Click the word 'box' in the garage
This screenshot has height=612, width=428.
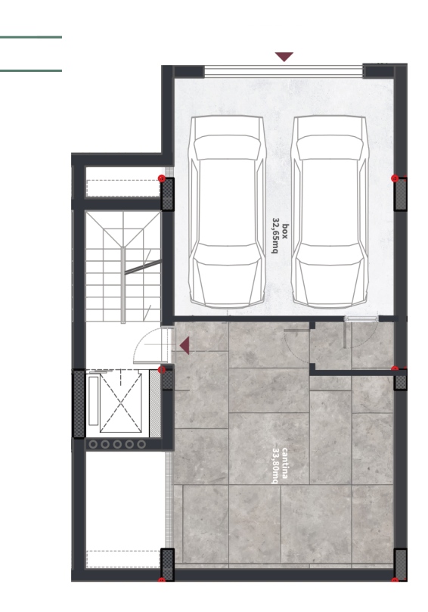285,231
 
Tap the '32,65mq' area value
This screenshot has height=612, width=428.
276,235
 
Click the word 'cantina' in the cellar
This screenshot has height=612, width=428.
285,463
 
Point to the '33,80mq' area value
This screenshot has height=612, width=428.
276,465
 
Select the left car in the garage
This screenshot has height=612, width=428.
227,211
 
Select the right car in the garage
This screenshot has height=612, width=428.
330,211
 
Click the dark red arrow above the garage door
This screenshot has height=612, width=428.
284,57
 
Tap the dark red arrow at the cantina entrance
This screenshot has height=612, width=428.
185,346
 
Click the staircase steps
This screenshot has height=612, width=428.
123,267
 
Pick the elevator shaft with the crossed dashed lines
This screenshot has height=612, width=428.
120,402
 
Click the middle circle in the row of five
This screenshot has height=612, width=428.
117,444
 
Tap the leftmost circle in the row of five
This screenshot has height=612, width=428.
93,444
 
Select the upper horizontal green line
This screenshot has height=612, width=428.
31,37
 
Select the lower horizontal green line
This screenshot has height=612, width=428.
31,70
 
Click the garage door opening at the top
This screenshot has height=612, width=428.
284,71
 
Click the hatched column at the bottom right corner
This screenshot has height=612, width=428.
401,564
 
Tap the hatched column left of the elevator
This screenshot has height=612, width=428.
79,404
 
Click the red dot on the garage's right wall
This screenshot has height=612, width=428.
395,179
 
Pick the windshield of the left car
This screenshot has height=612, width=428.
227,148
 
